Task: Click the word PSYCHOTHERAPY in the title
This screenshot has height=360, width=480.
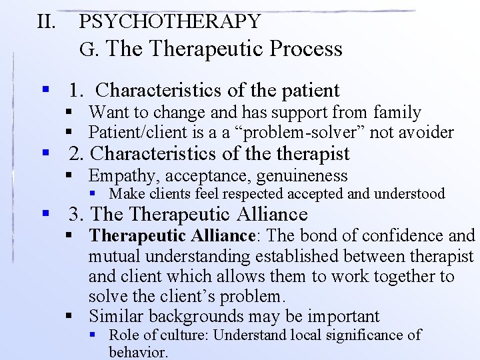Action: pos(169,21)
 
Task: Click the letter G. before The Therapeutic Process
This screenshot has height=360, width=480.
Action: pos(88,49)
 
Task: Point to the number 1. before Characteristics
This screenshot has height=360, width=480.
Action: pos(78,90)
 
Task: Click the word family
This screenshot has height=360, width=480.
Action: pos(397,113)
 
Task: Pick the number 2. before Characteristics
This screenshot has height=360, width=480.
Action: pos(78,154)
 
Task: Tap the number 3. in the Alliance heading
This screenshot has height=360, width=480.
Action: pos(77,215)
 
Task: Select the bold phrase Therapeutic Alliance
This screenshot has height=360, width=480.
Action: pos(172,235)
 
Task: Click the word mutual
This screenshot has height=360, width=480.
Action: pos(116,256)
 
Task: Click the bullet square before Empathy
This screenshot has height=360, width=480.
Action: pos(69,176)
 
